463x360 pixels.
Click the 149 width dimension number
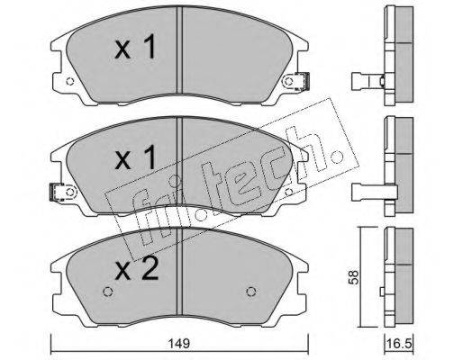(178, 343)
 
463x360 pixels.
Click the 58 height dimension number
(353, 277)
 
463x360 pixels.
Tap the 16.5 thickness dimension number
(399, 343)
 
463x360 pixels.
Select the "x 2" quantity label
(137, 269)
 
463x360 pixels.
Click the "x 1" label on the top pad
(135, 47)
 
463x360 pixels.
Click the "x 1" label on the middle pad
(135, 157)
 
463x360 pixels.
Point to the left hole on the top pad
(69, 81)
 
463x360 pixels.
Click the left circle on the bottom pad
(108, 292)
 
